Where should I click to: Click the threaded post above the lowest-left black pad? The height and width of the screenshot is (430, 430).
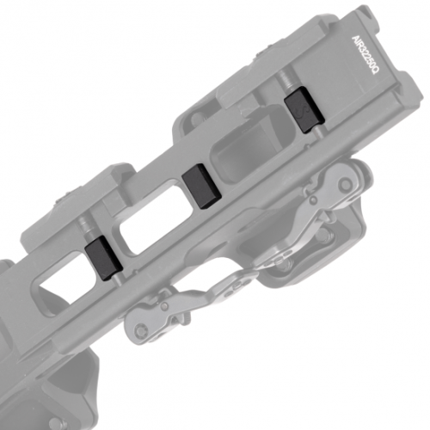89,226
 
